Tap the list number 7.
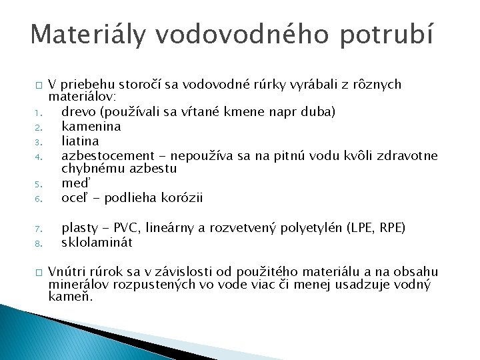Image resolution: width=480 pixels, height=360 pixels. point(39,229)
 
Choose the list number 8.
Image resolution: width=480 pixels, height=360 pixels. point(39,244)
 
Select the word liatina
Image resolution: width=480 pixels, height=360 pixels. point(80,141)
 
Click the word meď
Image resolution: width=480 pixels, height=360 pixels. point(74,183)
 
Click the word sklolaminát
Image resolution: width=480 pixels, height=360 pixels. point(97,242)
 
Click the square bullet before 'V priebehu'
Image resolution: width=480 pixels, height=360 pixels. point(39,85)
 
